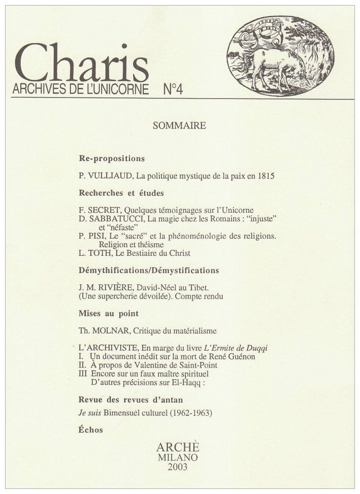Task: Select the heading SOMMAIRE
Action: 179,126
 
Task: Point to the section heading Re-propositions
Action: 112,158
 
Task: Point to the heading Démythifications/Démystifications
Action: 149,271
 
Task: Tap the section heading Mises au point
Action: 109,314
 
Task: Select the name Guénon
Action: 241,356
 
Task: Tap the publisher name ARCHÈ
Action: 177,448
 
